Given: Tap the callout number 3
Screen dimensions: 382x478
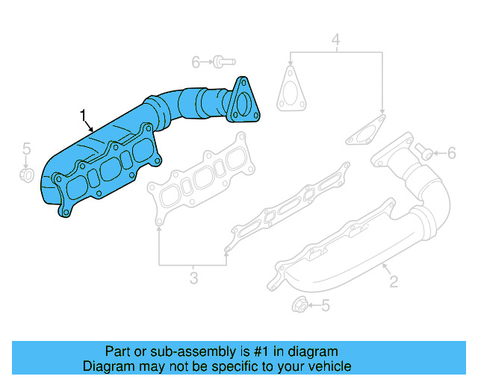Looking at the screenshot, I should (x=193, y=279).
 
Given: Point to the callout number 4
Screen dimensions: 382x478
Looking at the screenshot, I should (x=335, y=39).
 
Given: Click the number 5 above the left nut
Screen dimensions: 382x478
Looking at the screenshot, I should (x=26, y=148).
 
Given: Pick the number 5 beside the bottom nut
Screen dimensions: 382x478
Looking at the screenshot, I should (x=325, y=305).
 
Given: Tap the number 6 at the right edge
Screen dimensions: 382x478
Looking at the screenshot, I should (x=452, y=154).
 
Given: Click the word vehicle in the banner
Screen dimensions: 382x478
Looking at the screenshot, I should (x=326, y=366).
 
